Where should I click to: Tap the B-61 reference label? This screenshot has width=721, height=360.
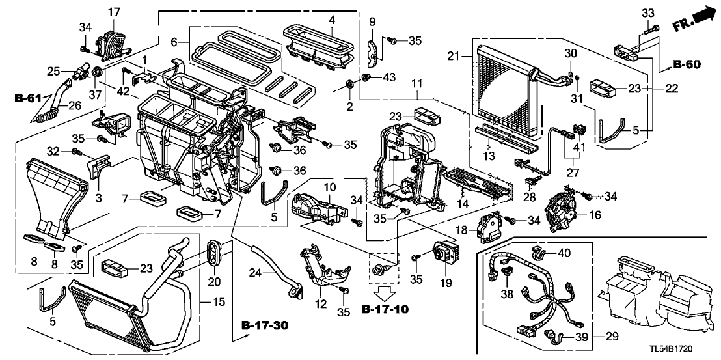[29, 100]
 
